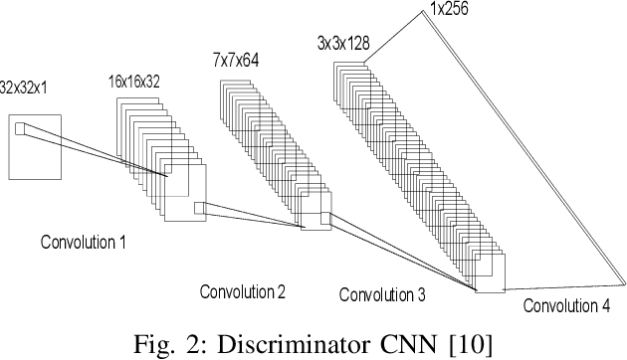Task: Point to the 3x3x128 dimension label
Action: [x=344, y=44]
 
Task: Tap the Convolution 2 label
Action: [x=243, y=291]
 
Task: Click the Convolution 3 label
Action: [x=382, y=294]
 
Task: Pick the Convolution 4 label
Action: [x=567, y=305]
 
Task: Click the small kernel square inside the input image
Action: [x=20, y=126]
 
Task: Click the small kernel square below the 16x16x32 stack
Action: [x=199, y=208]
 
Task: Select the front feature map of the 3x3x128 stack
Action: [x=491, y=274]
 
